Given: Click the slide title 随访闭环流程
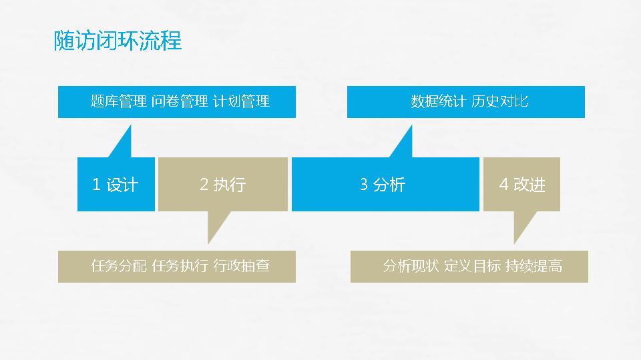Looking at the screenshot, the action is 118,41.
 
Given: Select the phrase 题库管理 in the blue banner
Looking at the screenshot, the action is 119,101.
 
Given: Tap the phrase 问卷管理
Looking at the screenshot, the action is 180,101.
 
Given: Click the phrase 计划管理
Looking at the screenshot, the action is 241,101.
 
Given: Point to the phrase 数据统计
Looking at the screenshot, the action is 438,101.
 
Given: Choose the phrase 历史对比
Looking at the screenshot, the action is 499,101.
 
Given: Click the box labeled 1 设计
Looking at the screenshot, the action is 116,184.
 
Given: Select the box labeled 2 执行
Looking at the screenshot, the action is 223,184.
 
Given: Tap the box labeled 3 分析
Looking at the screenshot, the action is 385,184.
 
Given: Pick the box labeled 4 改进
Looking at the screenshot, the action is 521,184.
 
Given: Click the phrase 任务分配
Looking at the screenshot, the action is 119,266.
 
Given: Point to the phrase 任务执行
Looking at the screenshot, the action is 180,266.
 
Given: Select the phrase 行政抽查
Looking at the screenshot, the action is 241,266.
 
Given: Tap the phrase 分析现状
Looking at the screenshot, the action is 411,266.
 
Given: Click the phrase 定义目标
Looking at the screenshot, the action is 472,266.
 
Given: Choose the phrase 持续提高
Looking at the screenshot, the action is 534,266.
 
